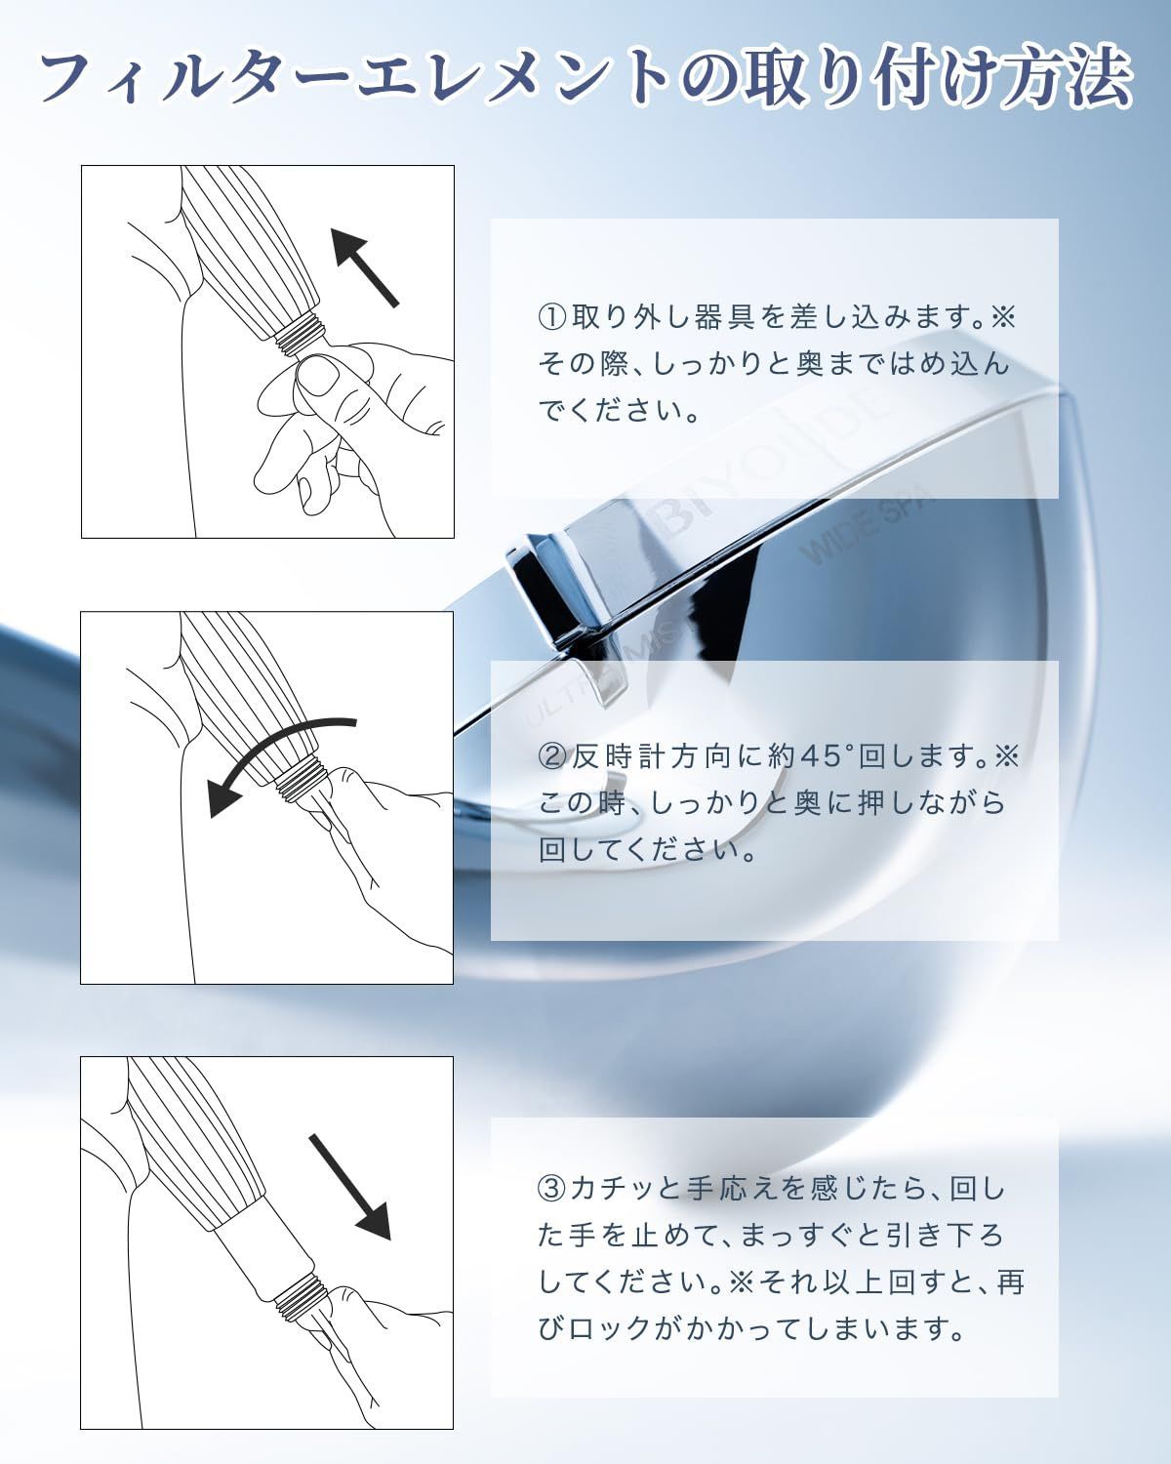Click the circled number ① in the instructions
pyautogui.click(x=551, y=318)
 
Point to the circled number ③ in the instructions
pyautogui.click(x=551, y=1189)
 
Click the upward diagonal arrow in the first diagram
pyautogui.click(x=364, y=266)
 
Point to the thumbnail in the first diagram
pyautogui.click(x=317, y=375)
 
